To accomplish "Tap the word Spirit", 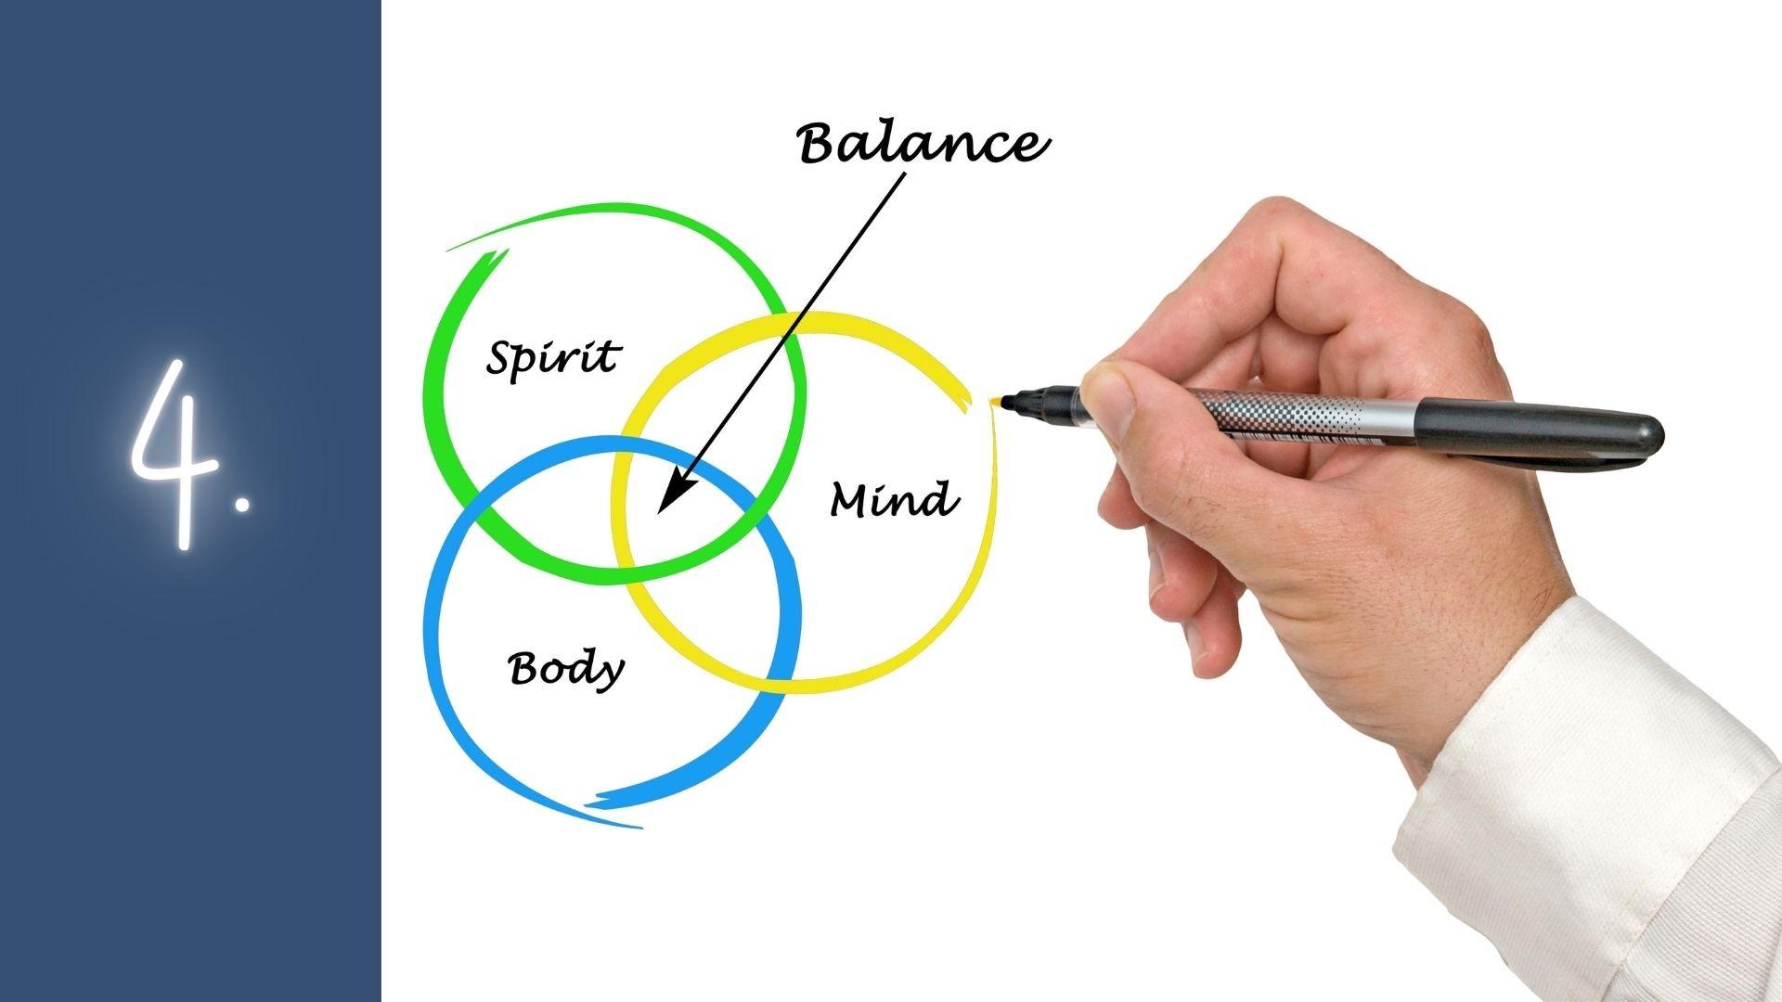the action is [x=553, y=357].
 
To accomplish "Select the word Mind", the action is [x=894, y=500].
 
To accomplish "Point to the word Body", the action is [x=565, y=668].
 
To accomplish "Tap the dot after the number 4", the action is [x=242, y=503].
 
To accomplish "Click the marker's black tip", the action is [x=1012, y=402].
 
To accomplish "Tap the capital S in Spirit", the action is [x=504, y=358].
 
